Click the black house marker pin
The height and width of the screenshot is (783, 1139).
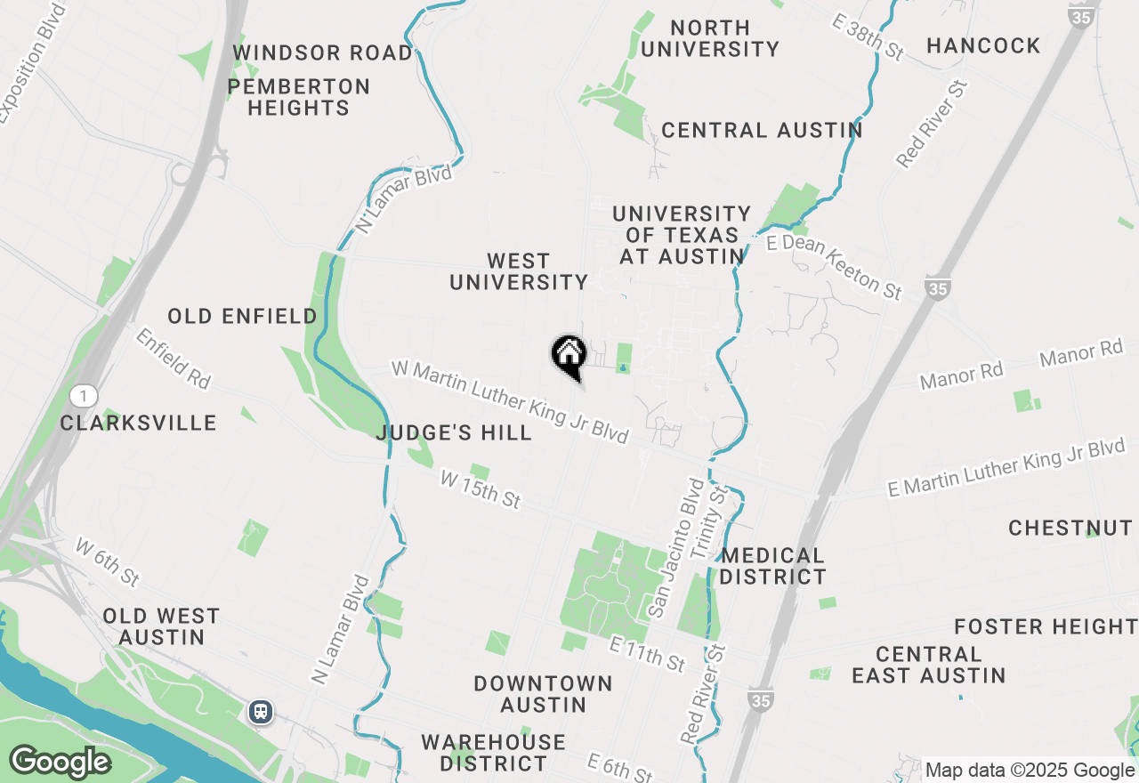(569, 356)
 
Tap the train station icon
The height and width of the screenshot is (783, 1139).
(261, 712)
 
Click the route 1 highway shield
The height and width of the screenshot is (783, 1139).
(83, 396)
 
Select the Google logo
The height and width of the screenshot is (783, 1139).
(60, 763)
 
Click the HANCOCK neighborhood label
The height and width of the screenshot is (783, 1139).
(983, 45)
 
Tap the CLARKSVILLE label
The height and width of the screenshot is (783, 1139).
(139, 423)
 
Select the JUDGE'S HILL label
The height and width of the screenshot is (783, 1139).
(454, 433)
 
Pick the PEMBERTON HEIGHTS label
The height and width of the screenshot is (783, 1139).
(298, 97)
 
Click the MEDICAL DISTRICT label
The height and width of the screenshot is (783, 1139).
(773, 566)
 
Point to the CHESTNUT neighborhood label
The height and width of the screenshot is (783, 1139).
(1070, 528)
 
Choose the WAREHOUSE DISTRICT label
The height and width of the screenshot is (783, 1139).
(493, 753)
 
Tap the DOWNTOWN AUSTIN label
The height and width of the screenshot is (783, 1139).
(543, 694)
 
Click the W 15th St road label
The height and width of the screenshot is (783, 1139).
(481, 489)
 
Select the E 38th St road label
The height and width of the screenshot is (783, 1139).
(868, 36)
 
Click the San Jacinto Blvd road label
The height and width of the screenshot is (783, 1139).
(676, 547)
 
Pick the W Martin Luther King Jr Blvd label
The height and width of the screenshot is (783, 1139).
(510, 402)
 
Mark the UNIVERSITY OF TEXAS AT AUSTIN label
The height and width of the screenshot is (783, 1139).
(681, 235)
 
